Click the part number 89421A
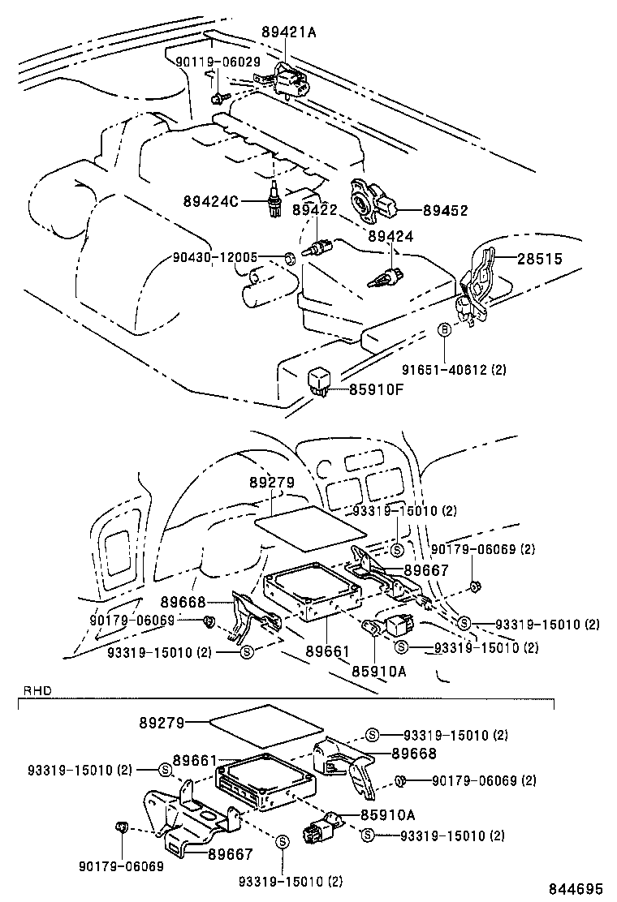tap(288, 32)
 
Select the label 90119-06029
tap(218, 62)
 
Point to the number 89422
tap(314, 210)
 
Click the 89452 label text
tap(445, 210)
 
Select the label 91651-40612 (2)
tap(455, 369)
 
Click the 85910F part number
tap(377, 389)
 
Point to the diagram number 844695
tap(577, 888)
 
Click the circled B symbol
tap(444, 330)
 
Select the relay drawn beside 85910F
tap(318, 380)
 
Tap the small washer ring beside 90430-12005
tap(288, 259)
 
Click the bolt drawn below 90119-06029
tap(218, 98)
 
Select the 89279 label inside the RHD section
tap(162, 721)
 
